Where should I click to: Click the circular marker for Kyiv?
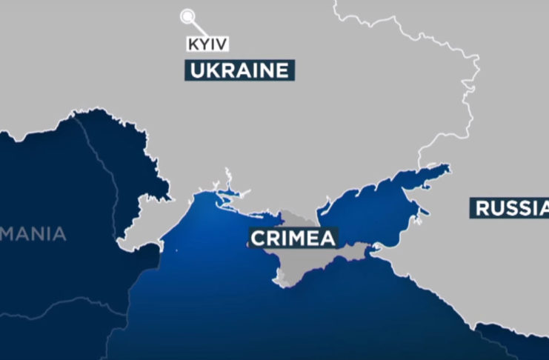click(x=187, y=16)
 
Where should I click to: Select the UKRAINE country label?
click(x=239, y=71)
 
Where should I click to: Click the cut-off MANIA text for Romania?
click(x=33, y=235)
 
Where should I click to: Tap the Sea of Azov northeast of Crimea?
click(x=370, y=207)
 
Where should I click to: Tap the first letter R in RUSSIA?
click(x=482, y=208)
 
